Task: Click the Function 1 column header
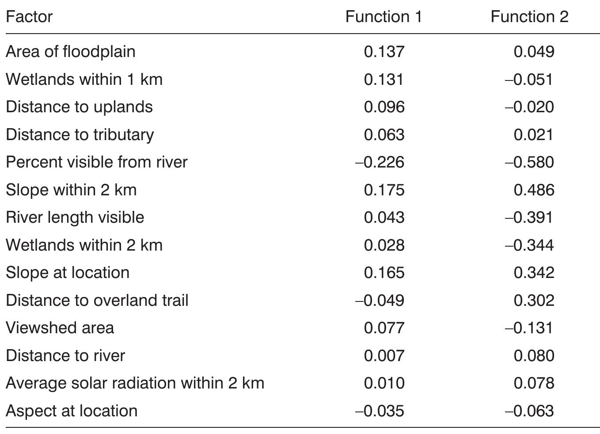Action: coord(384,17)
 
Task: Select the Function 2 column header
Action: coord(529,17)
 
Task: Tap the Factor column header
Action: coord(29,17)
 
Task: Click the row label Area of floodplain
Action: coord(71,52)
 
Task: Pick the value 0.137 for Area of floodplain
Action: coord(384,52)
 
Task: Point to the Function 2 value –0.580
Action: coord(529,162)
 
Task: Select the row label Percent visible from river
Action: coord(97,162)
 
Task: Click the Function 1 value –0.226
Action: coord(380,162)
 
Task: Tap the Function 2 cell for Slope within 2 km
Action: coord(534,190)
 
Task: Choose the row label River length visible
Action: coord(75,217)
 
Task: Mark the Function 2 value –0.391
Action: coord(529,217)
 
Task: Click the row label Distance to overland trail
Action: coord(97,301)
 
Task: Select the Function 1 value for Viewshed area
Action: coord(384,328)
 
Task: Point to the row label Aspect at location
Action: coord(72,411)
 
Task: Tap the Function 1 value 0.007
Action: coord(384,356)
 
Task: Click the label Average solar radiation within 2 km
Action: coord(135,383)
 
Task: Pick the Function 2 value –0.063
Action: coord(529,411)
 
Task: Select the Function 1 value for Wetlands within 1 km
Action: coord(384,80)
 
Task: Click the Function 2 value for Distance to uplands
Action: coord(529,107)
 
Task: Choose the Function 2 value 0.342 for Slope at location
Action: coord(534,273)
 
